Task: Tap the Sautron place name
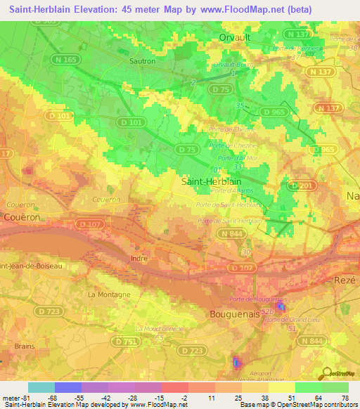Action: (x=143, y=61)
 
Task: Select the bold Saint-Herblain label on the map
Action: (x=207, y=181)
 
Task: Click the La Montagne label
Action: (x=109, y=294)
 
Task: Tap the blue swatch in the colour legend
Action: (x=67, y=388)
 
